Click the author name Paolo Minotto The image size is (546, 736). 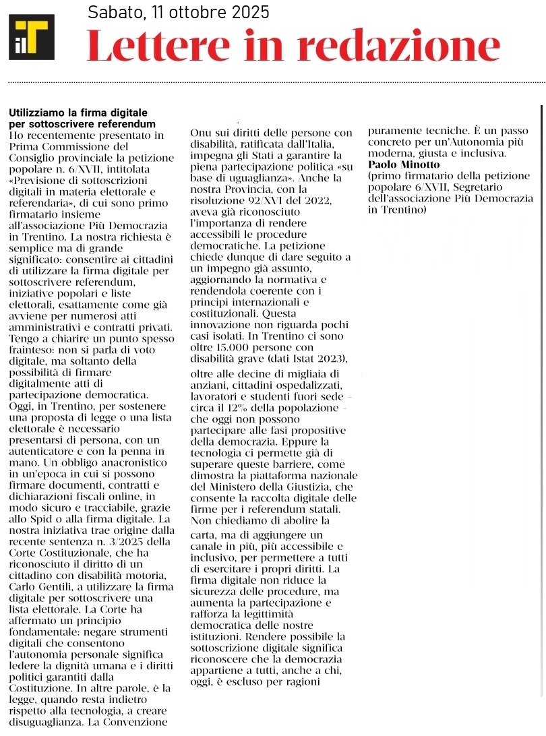coord(404,164)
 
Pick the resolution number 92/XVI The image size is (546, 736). coord(266,200)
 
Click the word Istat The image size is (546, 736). coord(295,357)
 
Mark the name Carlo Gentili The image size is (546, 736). coord(41,588)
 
